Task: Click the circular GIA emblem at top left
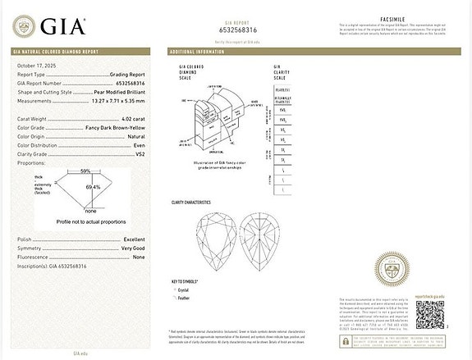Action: (25, 26)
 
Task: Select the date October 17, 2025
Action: (37, 65)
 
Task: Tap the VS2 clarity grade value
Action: (150, 153)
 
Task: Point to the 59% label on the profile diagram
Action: (85, 171)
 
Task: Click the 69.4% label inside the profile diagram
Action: (93, 187)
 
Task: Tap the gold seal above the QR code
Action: (395, 267)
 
